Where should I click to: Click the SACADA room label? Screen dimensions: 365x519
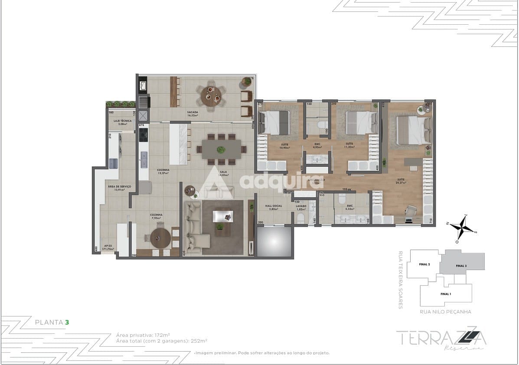click(x=193, y=114)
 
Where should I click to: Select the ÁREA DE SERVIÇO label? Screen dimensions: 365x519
click(x=119, y=188)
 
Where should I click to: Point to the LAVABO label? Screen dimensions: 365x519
click(x=301, y=207)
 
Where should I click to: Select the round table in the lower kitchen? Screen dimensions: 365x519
click(x=160, y=238)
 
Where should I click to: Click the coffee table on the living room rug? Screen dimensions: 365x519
click(x=222, y=216)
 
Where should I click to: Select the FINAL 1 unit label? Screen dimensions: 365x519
click(x=446, y=294)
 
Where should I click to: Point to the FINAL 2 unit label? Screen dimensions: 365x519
click(x=424, y=264)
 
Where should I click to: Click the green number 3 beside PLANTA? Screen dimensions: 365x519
click(x=67, y=322)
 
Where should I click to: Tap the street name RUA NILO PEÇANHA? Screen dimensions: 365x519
click(x=445, y=311)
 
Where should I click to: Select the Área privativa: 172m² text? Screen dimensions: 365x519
click(x=143, y=335)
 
